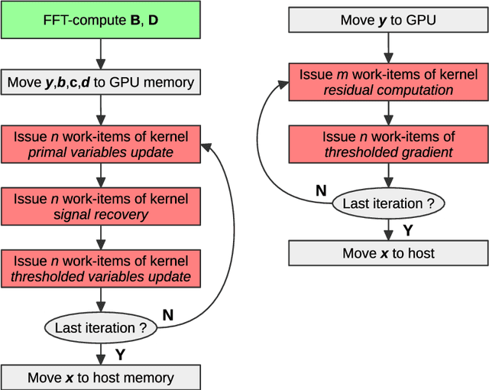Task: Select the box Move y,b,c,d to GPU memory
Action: pyautogui.click(x=101, y=82)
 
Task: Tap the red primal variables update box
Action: pyautogui.click(x=101, y=145)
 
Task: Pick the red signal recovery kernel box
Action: pyautogui.click(x=101, y=206)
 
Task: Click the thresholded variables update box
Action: pyautogui.click(x=101, y=268)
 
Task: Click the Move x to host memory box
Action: pyautogui.click(x=101, y=378)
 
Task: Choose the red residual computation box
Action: pyautogui.click(x=388, y=82)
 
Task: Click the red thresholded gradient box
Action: pyautogui.click(x=388, y=145)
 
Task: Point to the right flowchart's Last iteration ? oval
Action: pyautogui.click(x=388, y=203)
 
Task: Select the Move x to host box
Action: pyautogui.click(x=388, y=253)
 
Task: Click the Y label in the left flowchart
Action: pyautogui.click(x=120, y=353)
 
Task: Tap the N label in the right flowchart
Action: pyautogui.click(x=321, y=190)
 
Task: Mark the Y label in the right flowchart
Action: pyautogui.click(x=407, y=229)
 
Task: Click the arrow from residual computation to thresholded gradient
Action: pyautogui.click(x=388, y=113)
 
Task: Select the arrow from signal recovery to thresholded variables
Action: pyautogui.click(x=101, y=237)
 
